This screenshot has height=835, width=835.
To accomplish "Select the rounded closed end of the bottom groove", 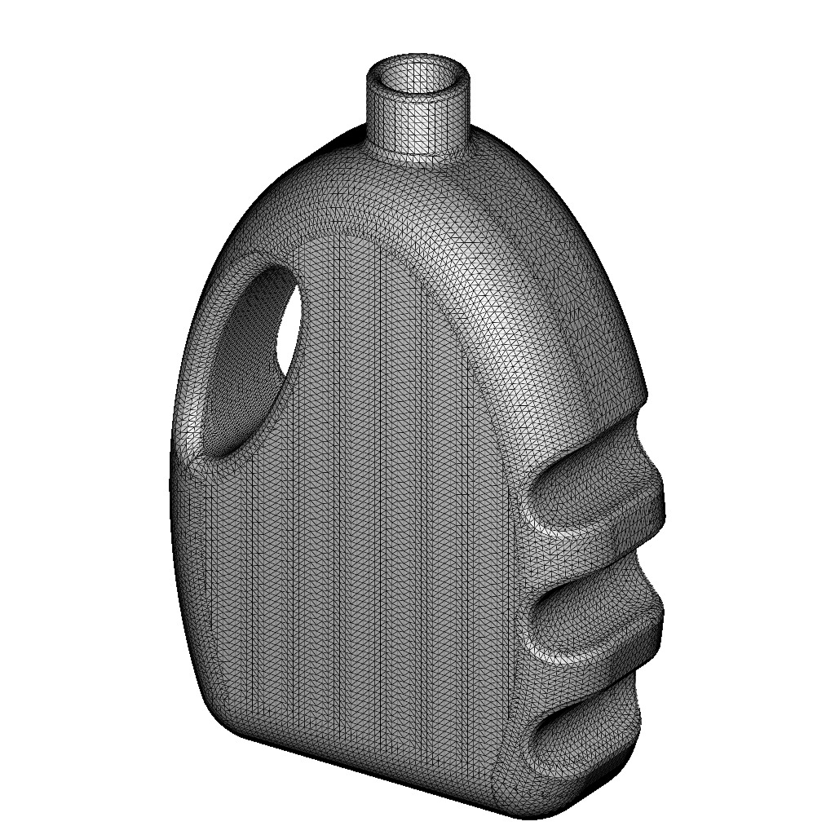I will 534,738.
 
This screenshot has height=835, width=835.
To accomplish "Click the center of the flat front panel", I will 359,506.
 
